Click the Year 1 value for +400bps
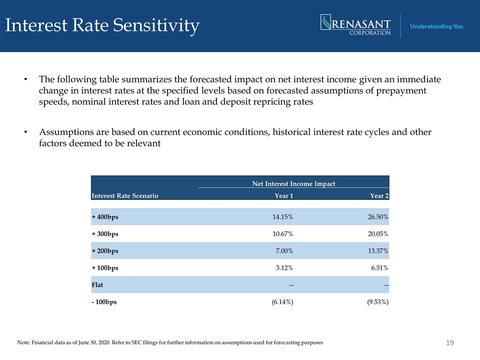(282, 216)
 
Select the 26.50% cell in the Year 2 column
(378, 216)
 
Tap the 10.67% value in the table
(282, 234)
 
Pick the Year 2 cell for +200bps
(378, 250)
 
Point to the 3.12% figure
(284, 268)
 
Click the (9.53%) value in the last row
(378, 302)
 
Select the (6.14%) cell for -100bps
(282, 302)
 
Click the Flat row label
(97, 284)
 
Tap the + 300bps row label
(105, 234)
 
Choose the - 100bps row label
(104, 302)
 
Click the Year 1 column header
(284, 195)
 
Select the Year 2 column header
(379, 195)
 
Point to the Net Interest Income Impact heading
(293, 183)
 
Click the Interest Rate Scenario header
(125, 195)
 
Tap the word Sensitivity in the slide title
(156, 25)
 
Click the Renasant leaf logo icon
(325, 22)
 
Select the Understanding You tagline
(437, 26)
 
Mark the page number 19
(449, 342)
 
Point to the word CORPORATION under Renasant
(370, 33)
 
